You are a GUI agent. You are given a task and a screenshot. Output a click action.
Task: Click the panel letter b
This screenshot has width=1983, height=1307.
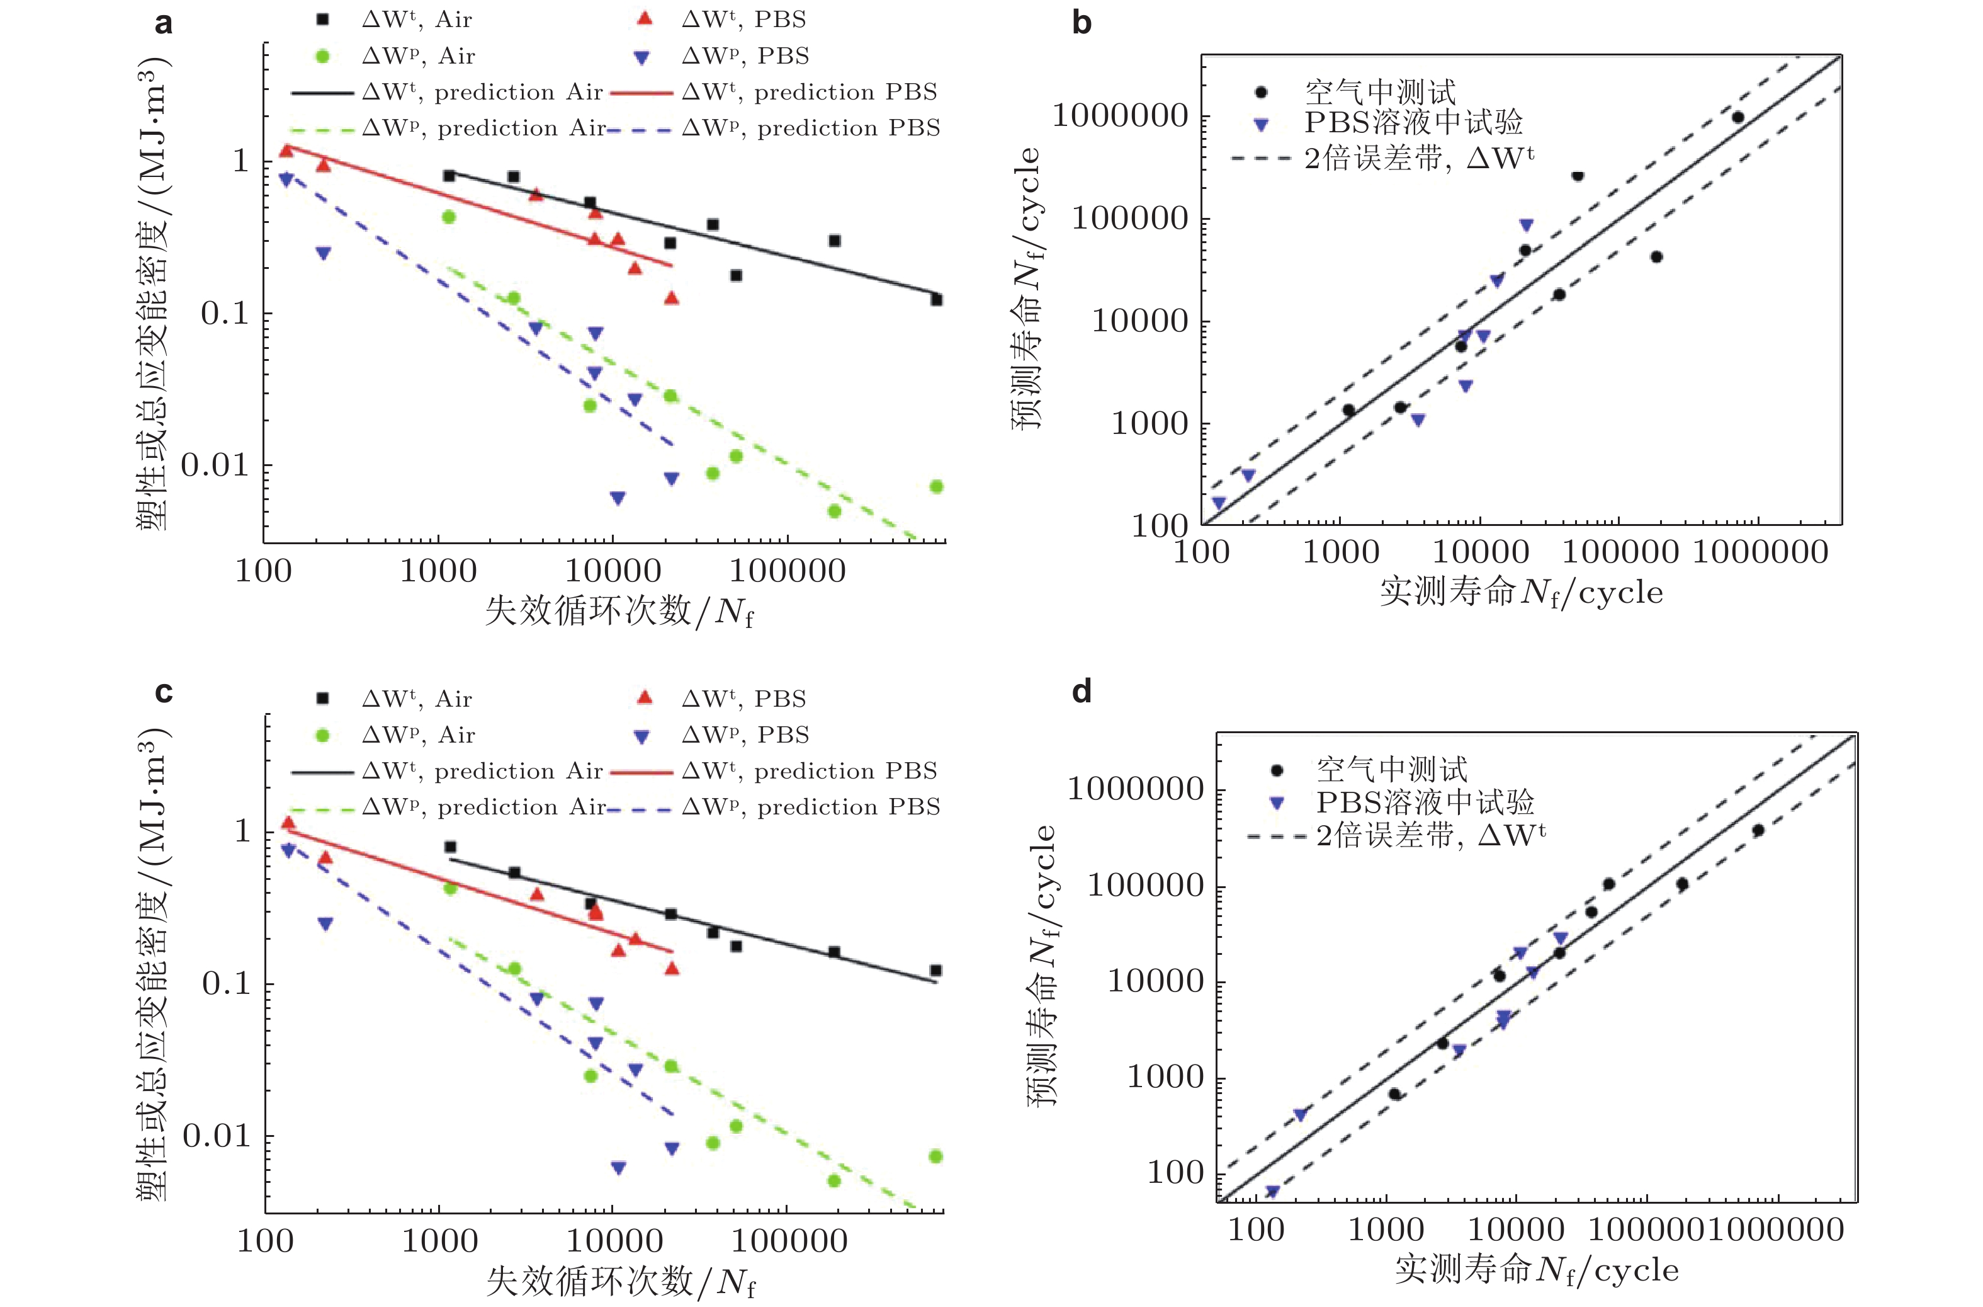point(1082,23)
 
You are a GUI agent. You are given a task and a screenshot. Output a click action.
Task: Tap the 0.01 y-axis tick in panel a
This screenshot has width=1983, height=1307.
point(215,465)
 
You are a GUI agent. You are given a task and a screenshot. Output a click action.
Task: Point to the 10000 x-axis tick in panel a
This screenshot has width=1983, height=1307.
point(613,571)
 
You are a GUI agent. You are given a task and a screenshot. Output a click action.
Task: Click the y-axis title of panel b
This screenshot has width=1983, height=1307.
point(1027,288)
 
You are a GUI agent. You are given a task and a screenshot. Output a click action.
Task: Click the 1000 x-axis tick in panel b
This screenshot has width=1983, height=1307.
point(1341,552)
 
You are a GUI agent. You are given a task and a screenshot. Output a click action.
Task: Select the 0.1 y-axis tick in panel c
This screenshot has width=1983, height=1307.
point(226,984)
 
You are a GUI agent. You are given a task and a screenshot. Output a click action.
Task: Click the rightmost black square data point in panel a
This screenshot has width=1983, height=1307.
point(937,299)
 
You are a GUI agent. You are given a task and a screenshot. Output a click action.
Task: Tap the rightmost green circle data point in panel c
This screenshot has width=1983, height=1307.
point(935,1156)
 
